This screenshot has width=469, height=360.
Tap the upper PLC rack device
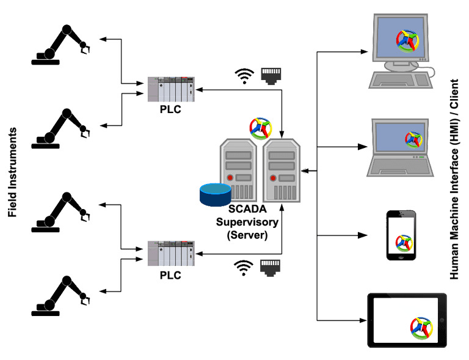(x=171, y=90)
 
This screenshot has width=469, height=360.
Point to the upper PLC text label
(x=170, y=110)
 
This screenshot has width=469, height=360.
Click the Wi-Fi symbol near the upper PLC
(x=244, y=75)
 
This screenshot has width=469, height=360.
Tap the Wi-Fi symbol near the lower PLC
(x=244, y=267)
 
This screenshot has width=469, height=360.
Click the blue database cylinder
(x=215, y=195)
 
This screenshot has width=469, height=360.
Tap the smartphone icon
(x=401, y=236)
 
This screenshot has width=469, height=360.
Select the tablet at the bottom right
(x=406, y=320)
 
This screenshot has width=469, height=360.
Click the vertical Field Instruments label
(x=12, y=173)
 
